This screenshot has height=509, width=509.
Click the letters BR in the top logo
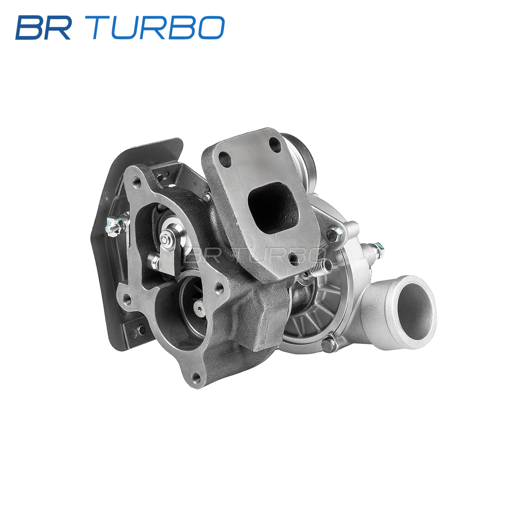coord(43,28)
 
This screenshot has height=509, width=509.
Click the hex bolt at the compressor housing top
coord(334,233)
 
